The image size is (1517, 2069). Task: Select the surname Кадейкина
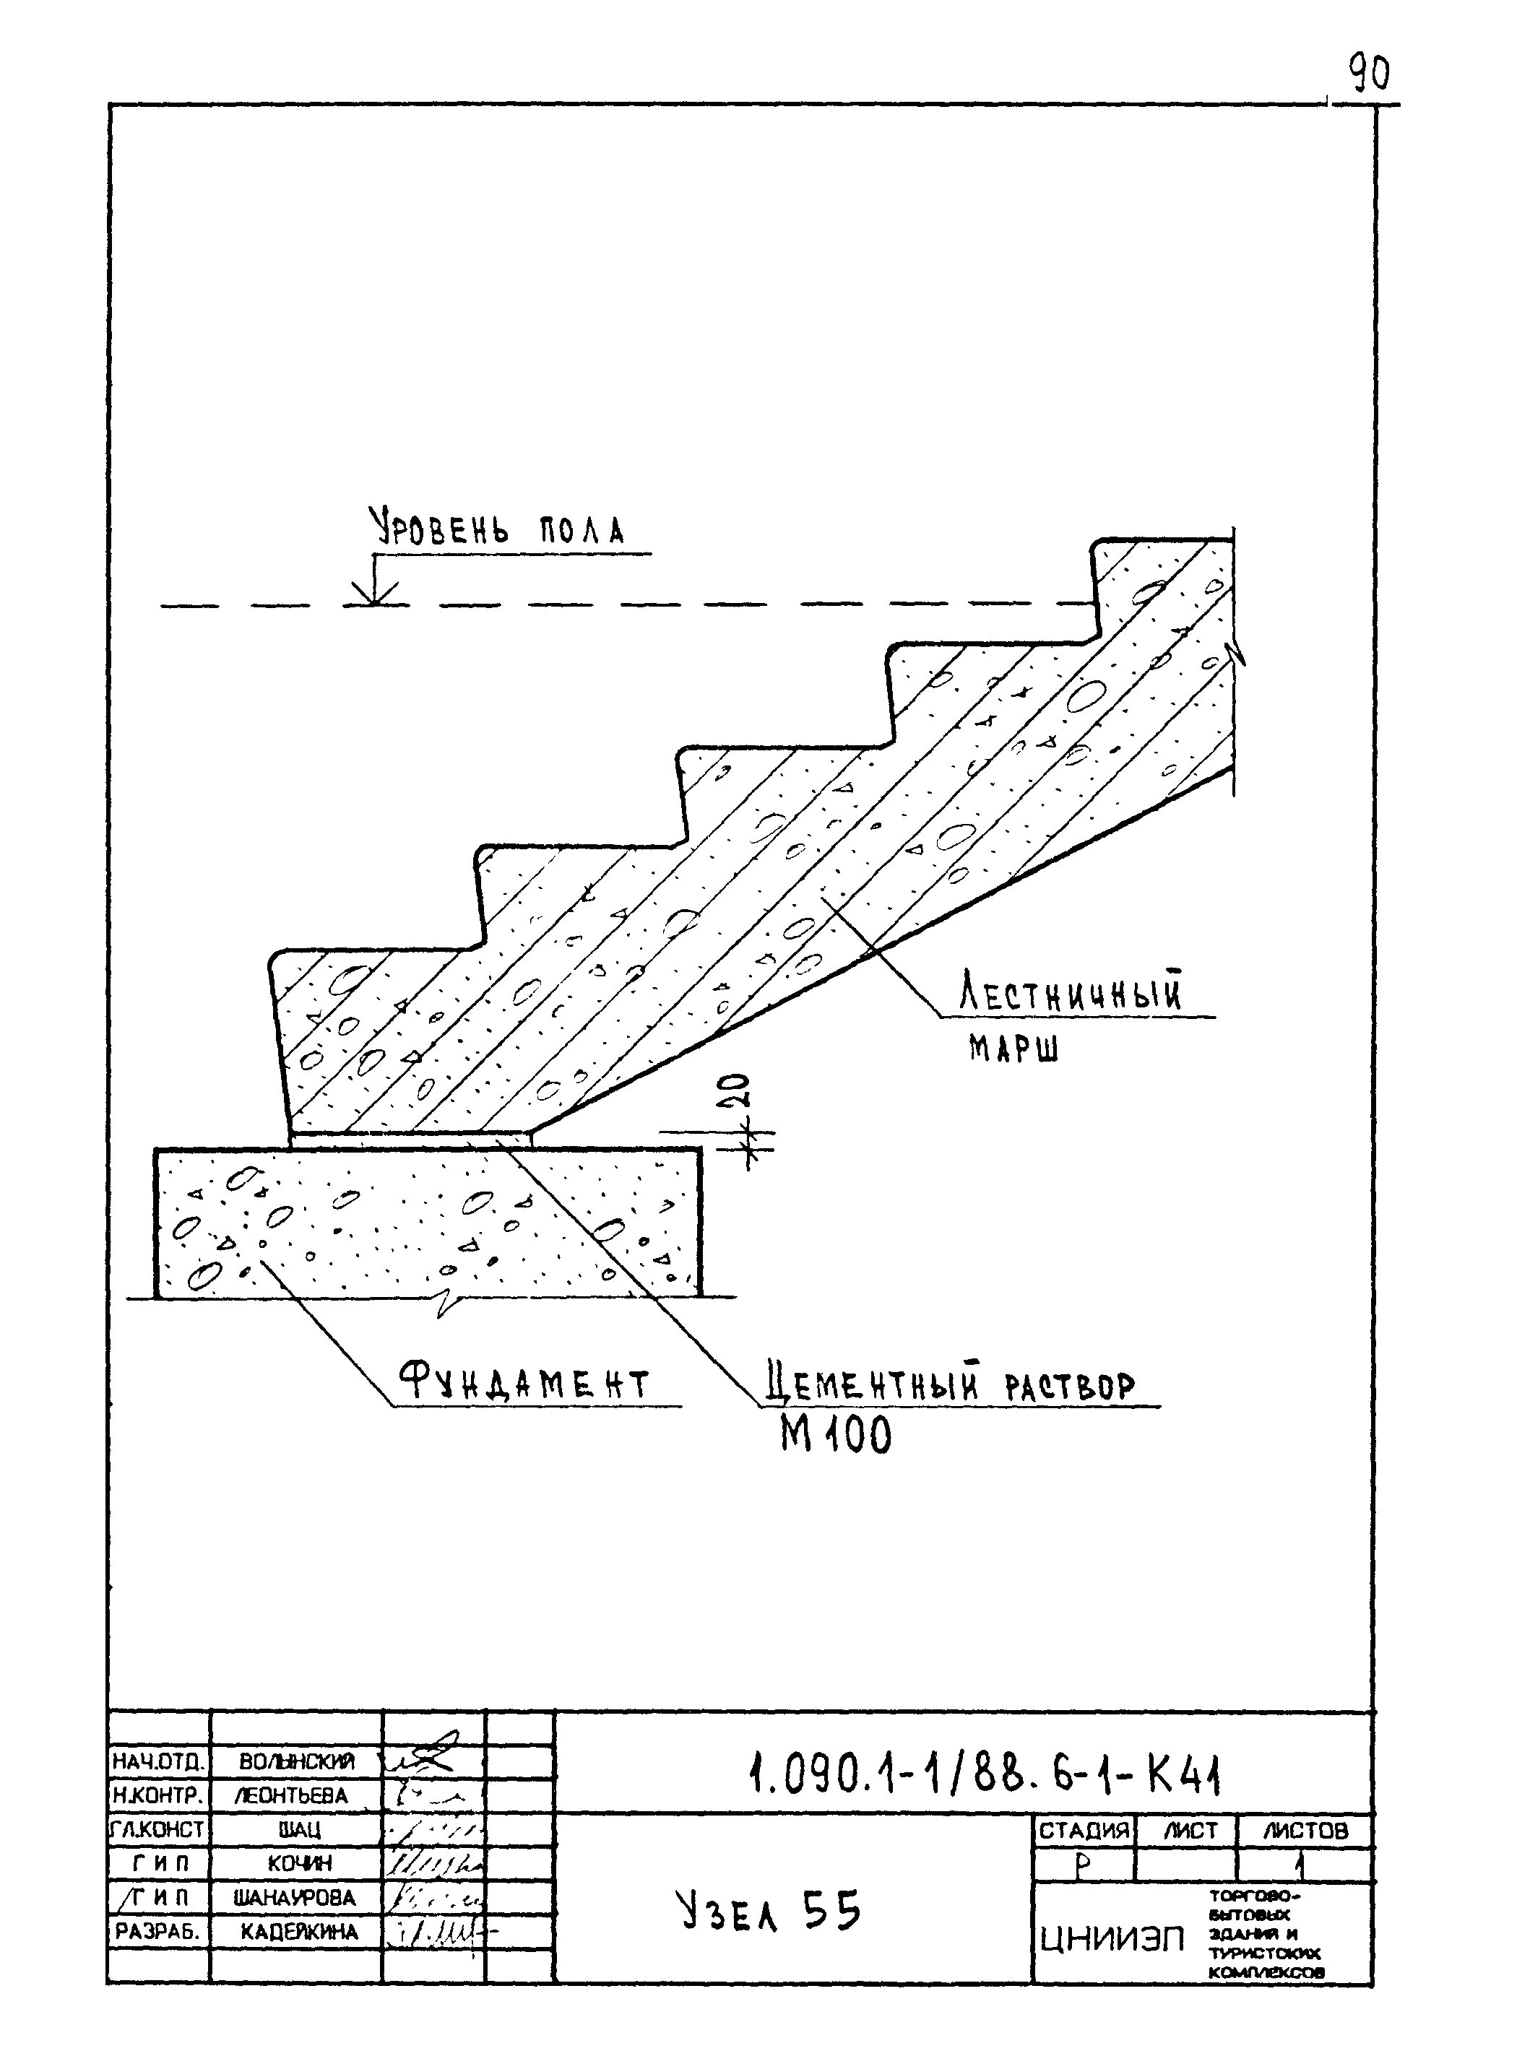click(299, 1933)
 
